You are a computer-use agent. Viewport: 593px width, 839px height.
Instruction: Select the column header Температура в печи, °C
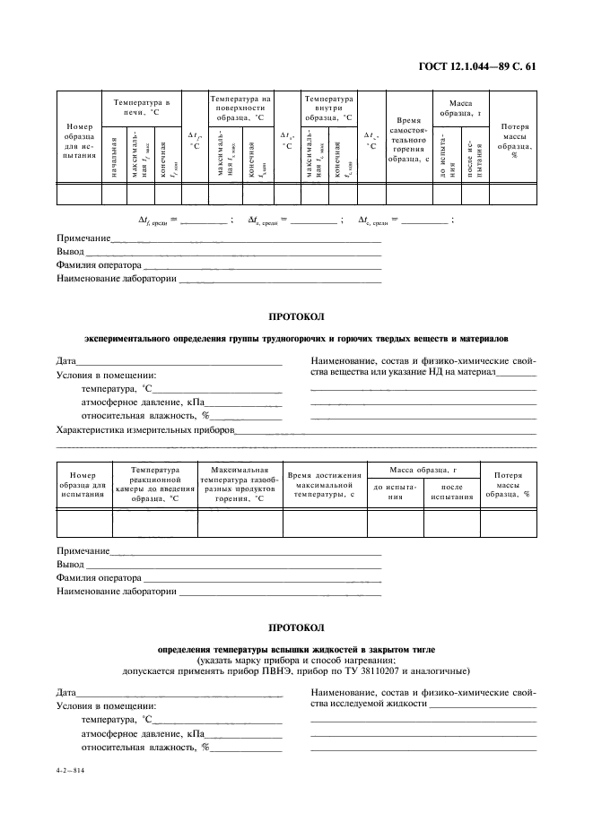pyautogui.click(x=142, y=108)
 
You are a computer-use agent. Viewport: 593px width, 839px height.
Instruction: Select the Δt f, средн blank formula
pyautogui.click(x=185, y=220)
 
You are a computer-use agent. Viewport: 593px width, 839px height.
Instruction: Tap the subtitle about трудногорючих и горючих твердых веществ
pyautogui.click(x=296, y=340)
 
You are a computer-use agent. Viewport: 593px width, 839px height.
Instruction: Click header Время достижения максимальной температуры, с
pyautogui.click(x=325, y=484)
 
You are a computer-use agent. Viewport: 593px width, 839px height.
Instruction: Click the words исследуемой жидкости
pyautogui.click(x=376, y=704)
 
